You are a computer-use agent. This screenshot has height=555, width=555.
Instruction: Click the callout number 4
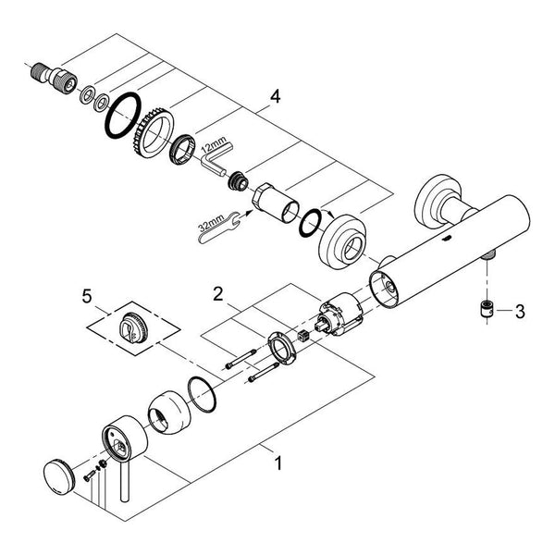coord(276,96)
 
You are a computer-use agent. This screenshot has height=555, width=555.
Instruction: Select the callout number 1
coord(279,463)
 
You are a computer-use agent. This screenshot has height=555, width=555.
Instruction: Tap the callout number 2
coord(218,294)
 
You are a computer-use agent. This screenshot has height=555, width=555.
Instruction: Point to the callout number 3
coord(520,312)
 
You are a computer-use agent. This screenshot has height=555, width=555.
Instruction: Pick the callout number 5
coord(87,296)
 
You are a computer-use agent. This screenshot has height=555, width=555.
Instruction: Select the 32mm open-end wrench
coord(218,228)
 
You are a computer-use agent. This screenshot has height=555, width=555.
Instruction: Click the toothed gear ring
coord(153,134)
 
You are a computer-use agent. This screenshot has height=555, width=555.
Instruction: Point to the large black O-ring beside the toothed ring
coord(122,116)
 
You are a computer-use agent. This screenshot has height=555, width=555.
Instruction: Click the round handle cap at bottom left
coord(59,476)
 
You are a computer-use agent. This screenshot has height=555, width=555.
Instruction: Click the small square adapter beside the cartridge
coord(303,335)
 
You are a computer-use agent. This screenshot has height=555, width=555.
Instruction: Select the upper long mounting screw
coord(241,359)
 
